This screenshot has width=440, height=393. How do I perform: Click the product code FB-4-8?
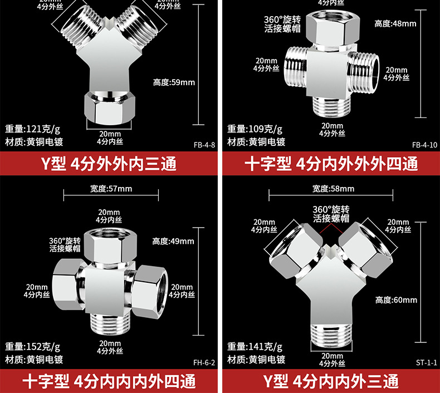204,145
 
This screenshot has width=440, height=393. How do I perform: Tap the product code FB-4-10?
425,145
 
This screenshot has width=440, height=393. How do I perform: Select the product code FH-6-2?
204,362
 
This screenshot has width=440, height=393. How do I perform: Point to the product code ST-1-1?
427,362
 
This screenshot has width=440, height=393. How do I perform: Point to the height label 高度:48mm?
395,23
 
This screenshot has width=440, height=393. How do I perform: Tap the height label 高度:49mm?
173,241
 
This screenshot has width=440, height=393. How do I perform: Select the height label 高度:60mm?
396,300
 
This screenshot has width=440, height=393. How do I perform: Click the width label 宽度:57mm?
111,189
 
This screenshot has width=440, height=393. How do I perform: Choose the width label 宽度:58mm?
333,189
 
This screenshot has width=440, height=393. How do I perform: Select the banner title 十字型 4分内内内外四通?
109,382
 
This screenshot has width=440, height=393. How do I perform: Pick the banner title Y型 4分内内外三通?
331,382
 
